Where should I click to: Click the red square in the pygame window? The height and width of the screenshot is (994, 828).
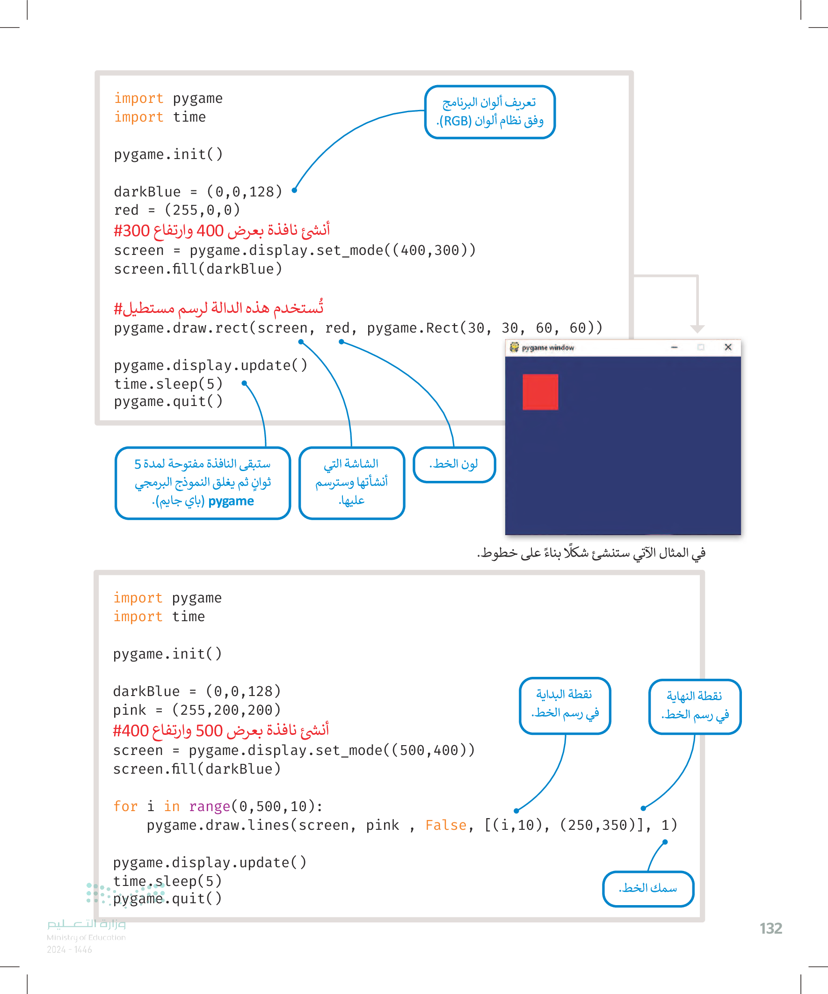click(x=540, y=392)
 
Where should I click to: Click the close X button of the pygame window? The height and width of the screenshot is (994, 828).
click(x=728, y=348)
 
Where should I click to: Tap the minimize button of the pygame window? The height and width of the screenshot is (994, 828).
click(x=674, y=348)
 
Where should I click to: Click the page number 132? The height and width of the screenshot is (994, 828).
click(x=771, y=928)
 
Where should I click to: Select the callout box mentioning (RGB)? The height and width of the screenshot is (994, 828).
click(x=489, y=112)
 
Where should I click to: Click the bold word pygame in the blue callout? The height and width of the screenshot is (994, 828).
click(x=231, y=501)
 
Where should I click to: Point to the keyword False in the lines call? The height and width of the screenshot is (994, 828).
click(x=445, y=825)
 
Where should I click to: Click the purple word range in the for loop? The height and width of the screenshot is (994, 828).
click(x=209, y=806)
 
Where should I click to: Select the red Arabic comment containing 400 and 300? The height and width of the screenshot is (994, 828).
click(x=222, y=231)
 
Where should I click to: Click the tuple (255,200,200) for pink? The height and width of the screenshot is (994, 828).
click(x=226, y=710)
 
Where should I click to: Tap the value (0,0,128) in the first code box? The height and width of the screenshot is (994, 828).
click(x=244, y=192)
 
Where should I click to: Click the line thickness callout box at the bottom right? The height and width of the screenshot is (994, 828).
click(x=647, y=888)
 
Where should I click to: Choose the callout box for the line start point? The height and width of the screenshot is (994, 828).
click(x=565, y=705)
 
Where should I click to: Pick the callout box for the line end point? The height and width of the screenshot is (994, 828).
click(x=695, y=706)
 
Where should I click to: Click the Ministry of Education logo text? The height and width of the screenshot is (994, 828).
click(x=86, y=930)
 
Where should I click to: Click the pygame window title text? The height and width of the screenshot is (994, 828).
click(x=548, y=348)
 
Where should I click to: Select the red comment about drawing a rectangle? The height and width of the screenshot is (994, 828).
click(x=219, y=308)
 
